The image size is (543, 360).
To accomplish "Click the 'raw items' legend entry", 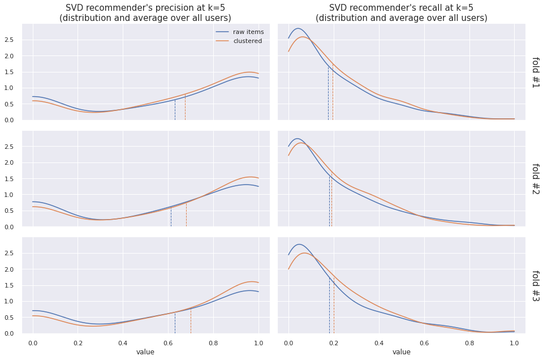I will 248,32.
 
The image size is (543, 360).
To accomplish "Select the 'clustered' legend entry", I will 247,41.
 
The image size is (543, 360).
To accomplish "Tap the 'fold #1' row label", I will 536,72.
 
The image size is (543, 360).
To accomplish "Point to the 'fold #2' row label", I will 536,179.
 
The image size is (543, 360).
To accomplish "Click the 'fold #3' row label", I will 536,285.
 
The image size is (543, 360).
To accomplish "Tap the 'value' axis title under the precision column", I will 145,352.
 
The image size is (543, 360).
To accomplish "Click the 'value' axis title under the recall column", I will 402,352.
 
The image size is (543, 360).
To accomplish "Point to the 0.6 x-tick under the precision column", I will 168,342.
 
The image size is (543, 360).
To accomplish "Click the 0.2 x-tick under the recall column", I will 334,342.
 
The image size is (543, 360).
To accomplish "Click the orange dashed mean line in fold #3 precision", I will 191,323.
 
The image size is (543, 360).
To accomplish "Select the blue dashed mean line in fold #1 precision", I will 175,110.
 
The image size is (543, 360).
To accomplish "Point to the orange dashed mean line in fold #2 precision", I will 186,215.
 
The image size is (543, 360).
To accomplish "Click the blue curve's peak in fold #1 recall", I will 298,28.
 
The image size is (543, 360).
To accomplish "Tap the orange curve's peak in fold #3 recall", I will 305,252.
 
